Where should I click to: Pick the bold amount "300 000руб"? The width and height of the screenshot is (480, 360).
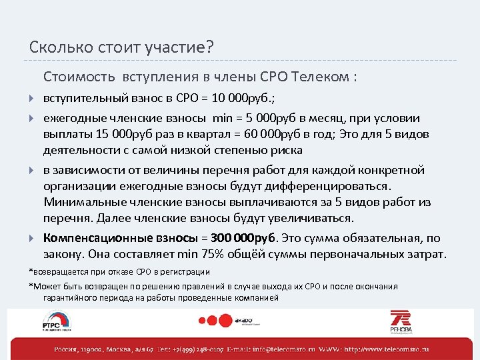click(x=242, y=238)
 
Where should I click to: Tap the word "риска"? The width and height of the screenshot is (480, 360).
click(x=284, y=150)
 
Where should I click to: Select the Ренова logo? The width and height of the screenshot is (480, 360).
click(x=401, y=321)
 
